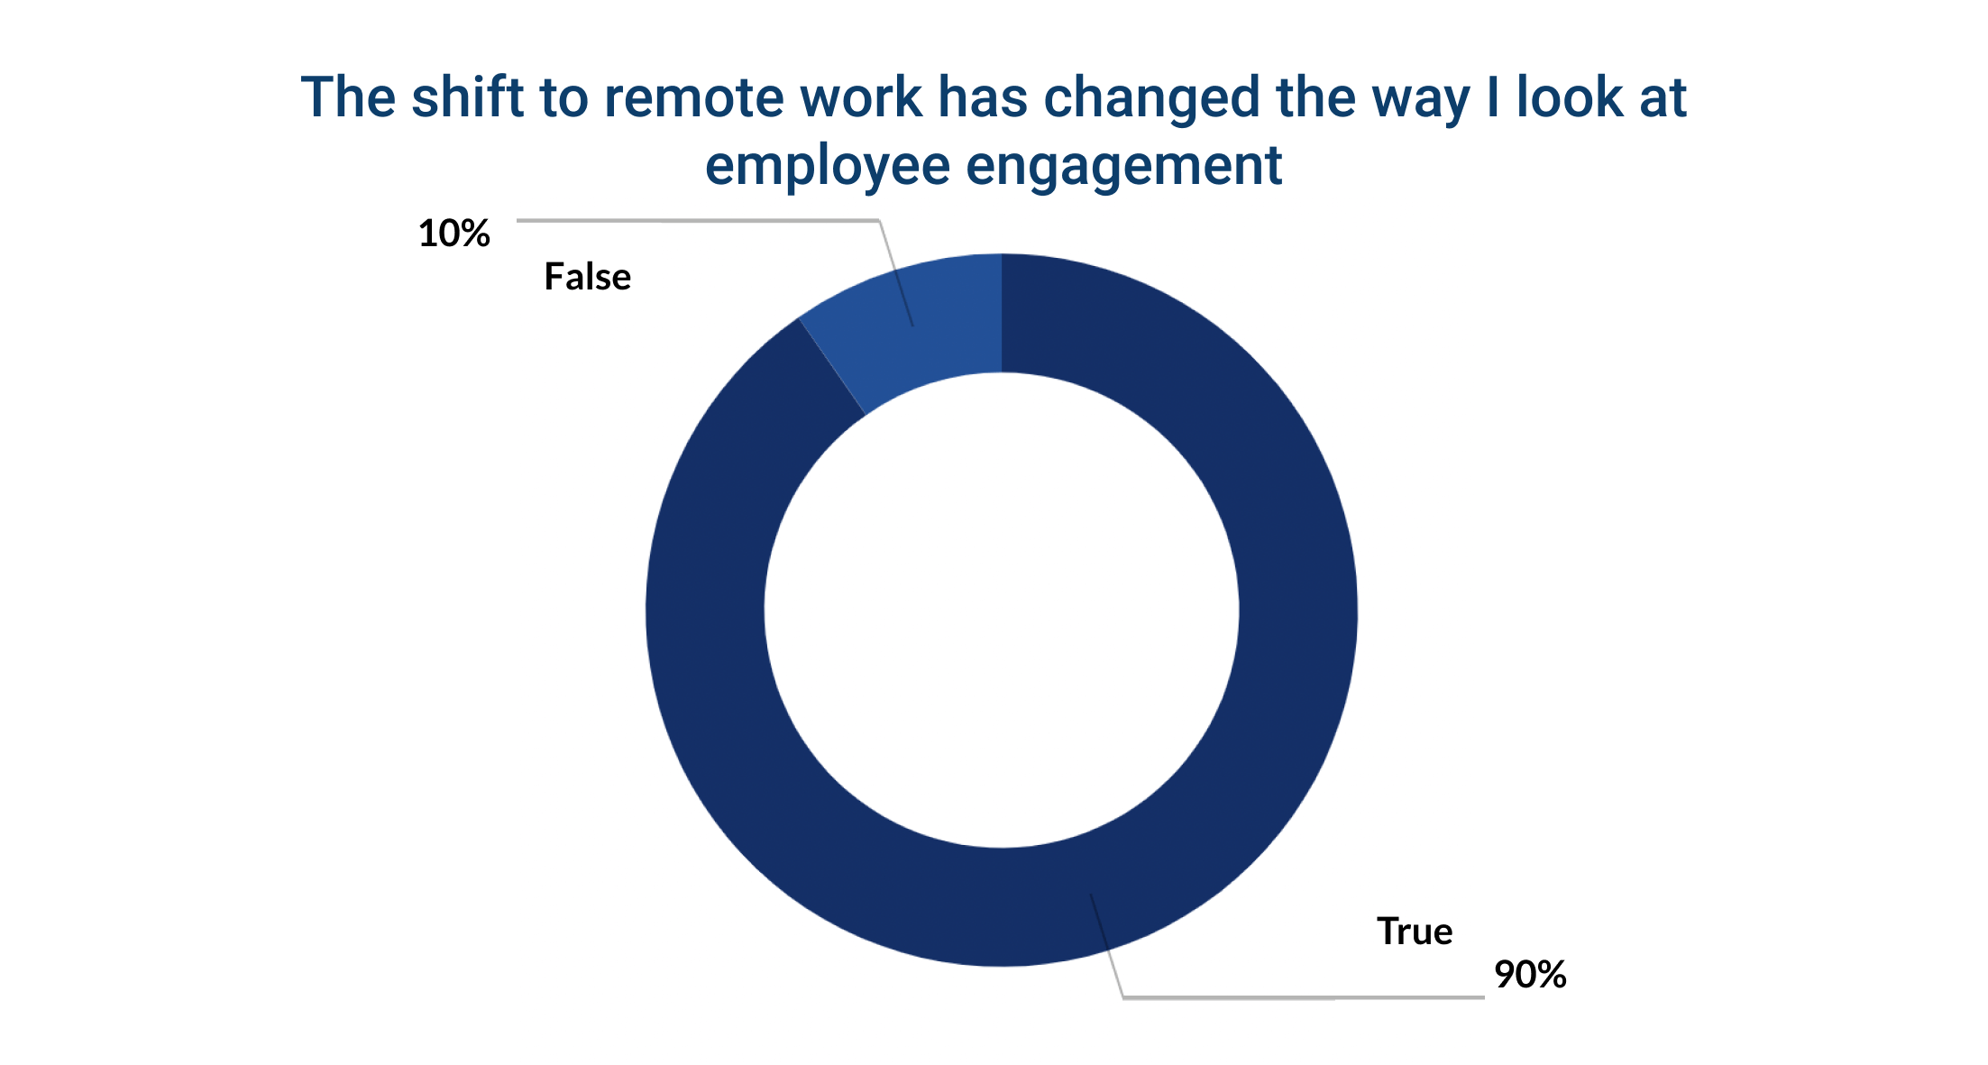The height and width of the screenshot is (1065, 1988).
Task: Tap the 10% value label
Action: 453,234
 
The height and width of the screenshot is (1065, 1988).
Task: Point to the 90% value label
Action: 1530,974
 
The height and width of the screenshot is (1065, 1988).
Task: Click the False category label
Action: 587,277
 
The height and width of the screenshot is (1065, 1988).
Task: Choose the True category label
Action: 1414,932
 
